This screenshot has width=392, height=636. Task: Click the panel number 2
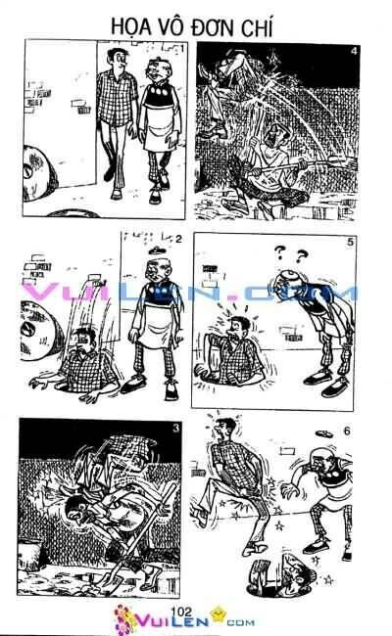pyautogui.click(x=179, y=239)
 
